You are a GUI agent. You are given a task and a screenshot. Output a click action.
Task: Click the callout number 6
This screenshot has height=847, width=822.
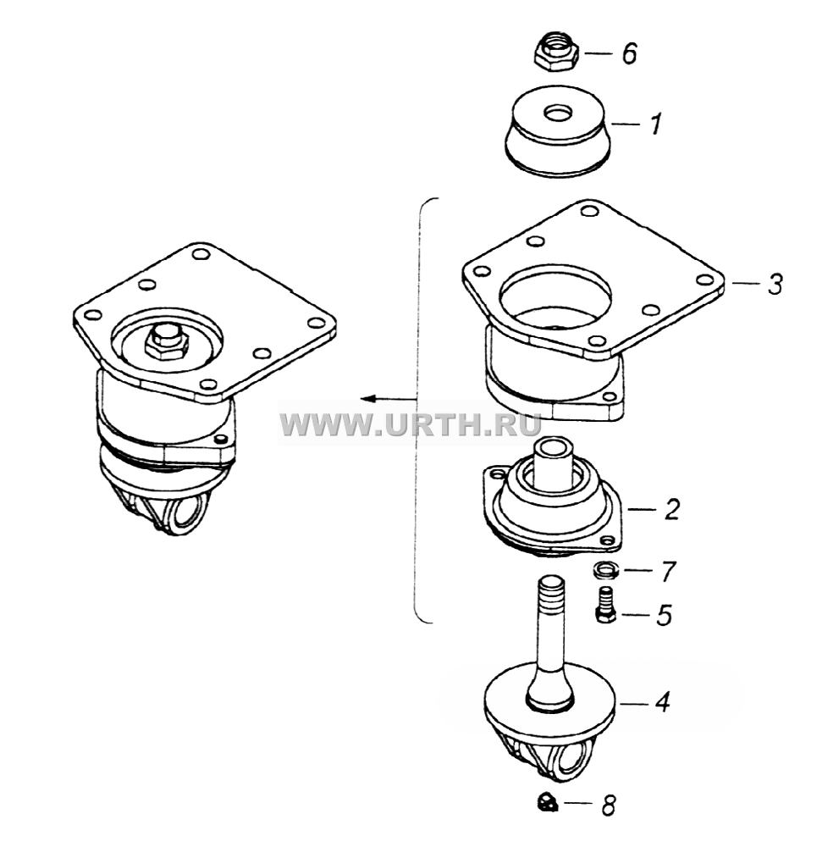point(629,53)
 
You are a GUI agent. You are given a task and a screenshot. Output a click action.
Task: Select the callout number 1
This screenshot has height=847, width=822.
point(655,124)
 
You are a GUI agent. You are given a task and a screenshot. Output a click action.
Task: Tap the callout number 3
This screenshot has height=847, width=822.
point(775,284)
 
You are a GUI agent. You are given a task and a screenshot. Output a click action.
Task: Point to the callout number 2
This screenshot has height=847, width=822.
point(671,509)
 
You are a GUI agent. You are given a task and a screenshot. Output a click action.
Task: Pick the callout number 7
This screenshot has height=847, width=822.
point(668,572)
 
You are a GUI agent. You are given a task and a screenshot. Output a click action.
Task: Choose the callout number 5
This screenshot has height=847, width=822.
point(665,615)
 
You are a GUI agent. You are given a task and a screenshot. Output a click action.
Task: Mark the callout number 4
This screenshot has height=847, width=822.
point(662,701)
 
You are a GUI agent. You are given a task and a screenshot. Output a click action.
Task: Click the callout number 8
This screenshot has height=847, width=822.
point(609,806)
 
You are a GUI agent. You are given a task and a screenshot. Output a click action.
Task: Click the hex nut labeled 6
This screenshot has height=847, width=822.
point(556,51)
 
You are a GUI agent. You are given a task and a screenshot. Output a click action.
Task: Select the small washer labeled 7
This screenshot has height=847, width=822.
point(605,570)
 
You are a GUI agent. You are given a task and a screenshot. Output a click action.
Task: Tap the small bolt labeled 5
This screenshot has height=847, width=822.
point(606,605)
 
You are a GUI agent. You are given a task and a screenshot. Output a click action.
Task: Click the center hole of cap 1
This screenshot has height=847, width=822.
point(559,113)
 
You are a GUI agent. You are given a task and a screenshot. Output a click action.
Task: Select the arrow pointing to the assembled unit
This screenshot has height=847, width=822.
point(389,399)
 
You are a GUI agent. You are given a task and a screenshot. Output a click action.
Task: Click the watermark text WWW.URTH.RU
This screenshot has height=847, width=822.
point(411,424)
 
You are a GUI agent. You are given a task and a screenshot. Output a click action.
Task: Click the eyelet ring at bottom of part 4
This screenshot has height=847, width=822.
point(573,759)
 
